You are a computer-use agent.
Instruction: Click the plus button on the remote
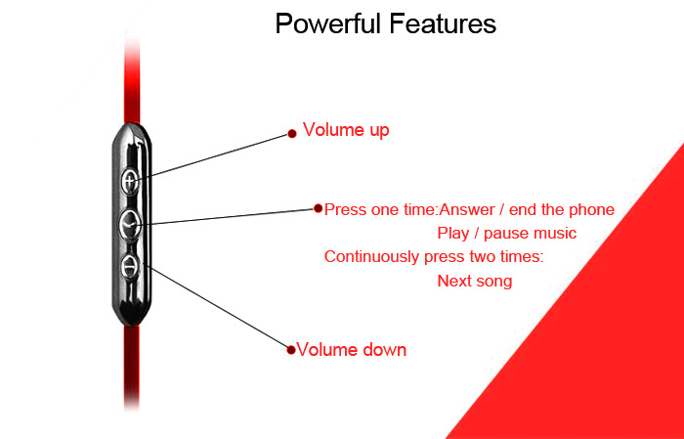tap(130, 180)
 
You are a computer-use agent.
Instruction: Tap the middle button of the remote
tap(130, 225)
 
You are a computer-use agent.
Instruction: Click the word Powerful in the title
tap(329, 23)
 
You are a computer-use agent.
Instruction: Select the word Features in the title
tap(443, 23)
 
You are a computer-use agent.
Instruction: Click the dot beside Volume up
tap(292, 134)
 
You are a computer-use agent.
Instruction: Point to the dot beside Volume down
tap(291, 350)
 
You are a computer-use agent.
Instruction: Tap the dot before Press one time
tap(318, 208)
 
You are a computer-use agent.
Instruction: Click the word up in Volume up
tap(379, 131)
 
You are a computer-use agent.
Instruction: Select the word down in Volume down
tap(384, 350)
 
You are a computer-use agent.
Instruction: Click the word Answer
tap(467, 210)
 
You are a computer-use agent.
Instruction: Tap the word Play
tap(451, 234)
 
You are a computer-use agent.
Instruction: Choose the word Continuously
tap(372, 256)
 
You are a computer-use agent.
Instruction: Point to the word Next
tap(452, 281)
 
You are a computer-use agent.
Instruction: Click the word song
tap(492, 282)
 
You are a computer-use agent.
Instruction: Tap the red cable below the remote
tap(132, 367)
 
